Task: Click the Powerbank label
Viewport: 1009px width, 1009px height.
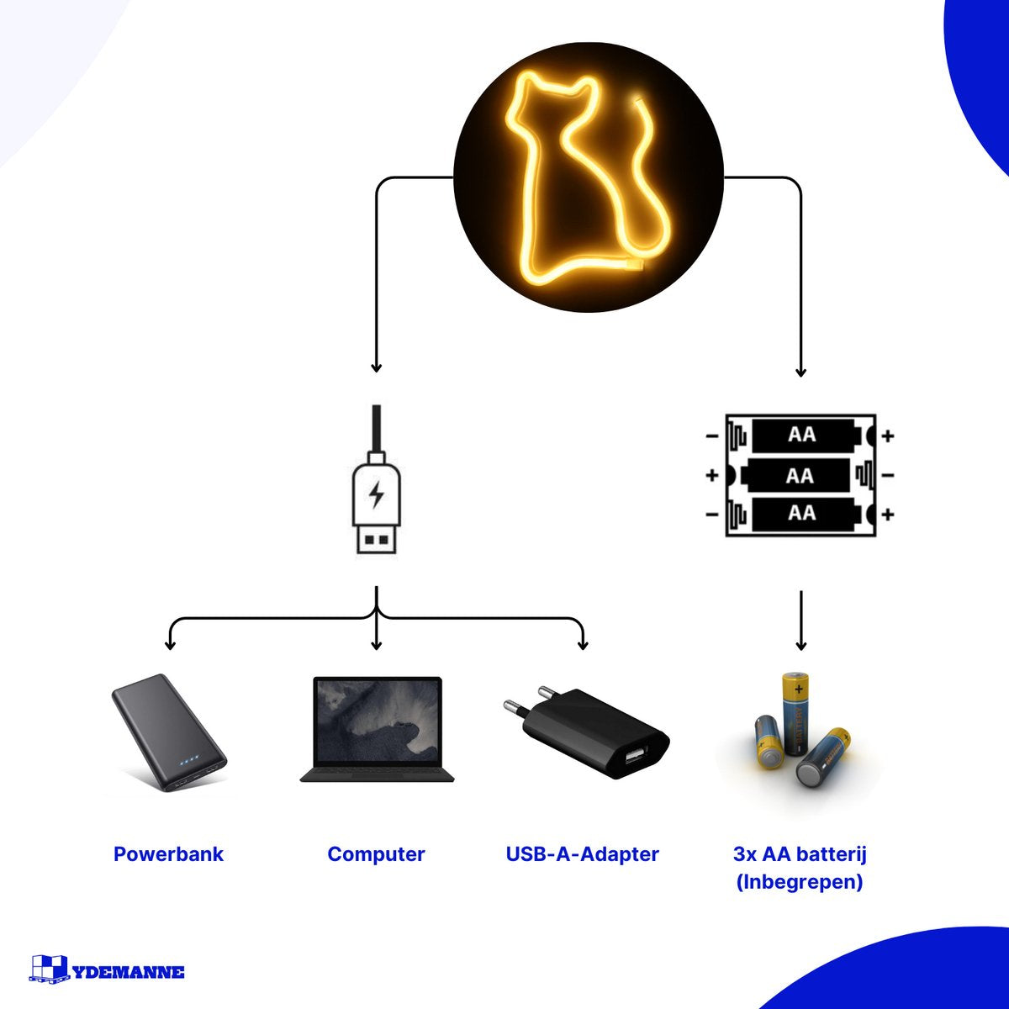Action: coord(168,854)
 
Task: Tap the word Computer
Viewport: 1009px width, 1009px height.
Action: coord(376,854)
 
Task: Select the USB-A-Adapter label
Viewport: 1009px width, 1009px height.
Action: coord(582,854)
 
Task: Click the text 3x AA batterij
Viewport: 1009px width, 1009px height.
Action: coord(800,854)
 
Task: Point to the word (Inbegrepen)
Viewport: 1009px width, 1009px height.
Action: coord(800,882)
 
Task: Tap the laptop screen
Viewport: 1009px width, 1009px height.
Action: coord(377,721)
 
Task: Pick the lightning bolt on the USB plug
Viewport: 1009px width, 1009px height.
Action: coord(376,494)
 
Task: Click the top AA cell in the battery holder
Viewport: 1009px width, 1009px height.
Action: coord(802,436)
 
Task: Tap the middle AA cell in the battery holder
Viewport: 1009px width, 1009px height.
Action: coord(800,476)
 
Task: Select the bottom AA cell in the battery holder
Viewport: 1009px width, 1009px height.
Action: coord(802,513)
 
